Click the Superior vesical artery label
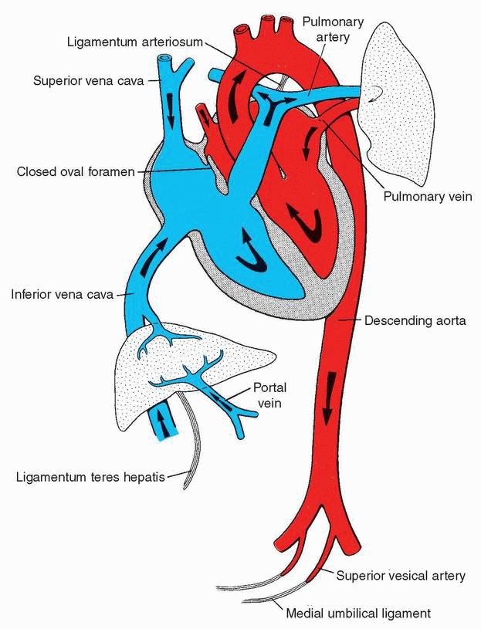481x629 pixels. coord(400,576)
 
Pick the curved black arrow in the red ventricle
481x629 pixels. coord(307,225)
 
